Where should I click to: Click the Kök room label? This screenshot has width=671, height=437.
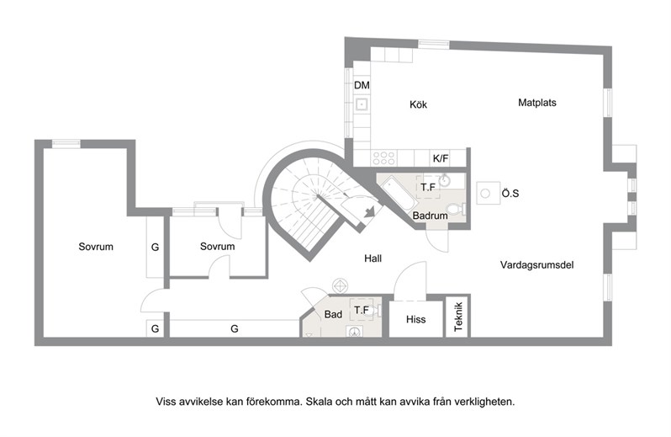coord(418,104)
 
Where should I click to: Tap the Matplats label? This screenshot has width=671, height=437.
coord(537,103)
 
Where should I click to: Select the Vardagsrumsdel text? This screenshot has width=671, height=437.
coord(536,264)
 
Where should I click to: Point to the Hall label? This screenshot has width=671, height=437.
coord(372,258)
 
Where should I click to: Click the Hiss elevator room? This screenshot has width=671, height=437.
coord(415,319)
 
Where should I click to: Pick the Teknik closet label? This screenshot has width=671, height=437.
coord(458,317)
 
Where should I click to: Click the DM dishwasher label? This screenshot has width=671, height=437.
coord(362,85)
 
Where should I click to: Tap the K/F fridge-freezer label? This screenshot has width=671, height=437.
coord(441,158)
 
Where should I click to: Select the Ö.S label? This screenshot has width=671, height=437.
coord(510,193)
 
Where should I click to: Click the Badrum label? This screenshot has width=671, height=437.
coord(430,216)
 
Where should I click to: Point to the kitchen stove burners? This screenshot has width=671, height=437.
coord(384,158)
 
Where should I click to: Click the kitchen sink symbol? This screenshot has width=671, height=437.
coord(362,104)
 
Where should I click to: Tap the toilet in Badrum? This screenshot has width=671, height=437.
coord(457,210)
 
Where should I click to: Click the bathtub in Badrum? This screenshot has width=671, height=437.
coord(397,195)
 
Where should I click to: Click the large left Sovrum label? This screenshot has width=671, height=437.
coord(96,247)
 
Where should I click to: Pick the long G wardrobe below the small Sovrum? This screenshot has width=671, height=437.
coord(235,328)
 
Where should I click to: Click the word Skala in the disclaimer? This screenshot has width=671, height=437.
coord(320,402)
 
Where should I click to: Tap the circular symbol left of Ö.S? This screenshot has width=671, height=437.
coord(485,194)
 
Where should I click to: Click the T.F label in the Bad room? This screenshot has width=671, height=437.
coord(362,310)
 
